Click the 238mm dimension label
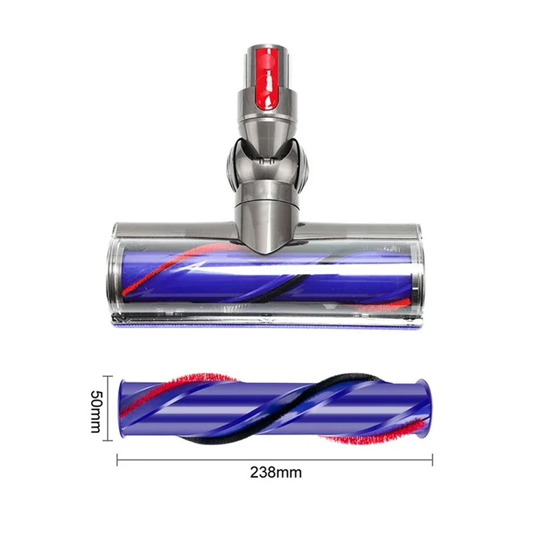pos(275,472)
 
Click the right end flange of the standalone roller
pos(427,408)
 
